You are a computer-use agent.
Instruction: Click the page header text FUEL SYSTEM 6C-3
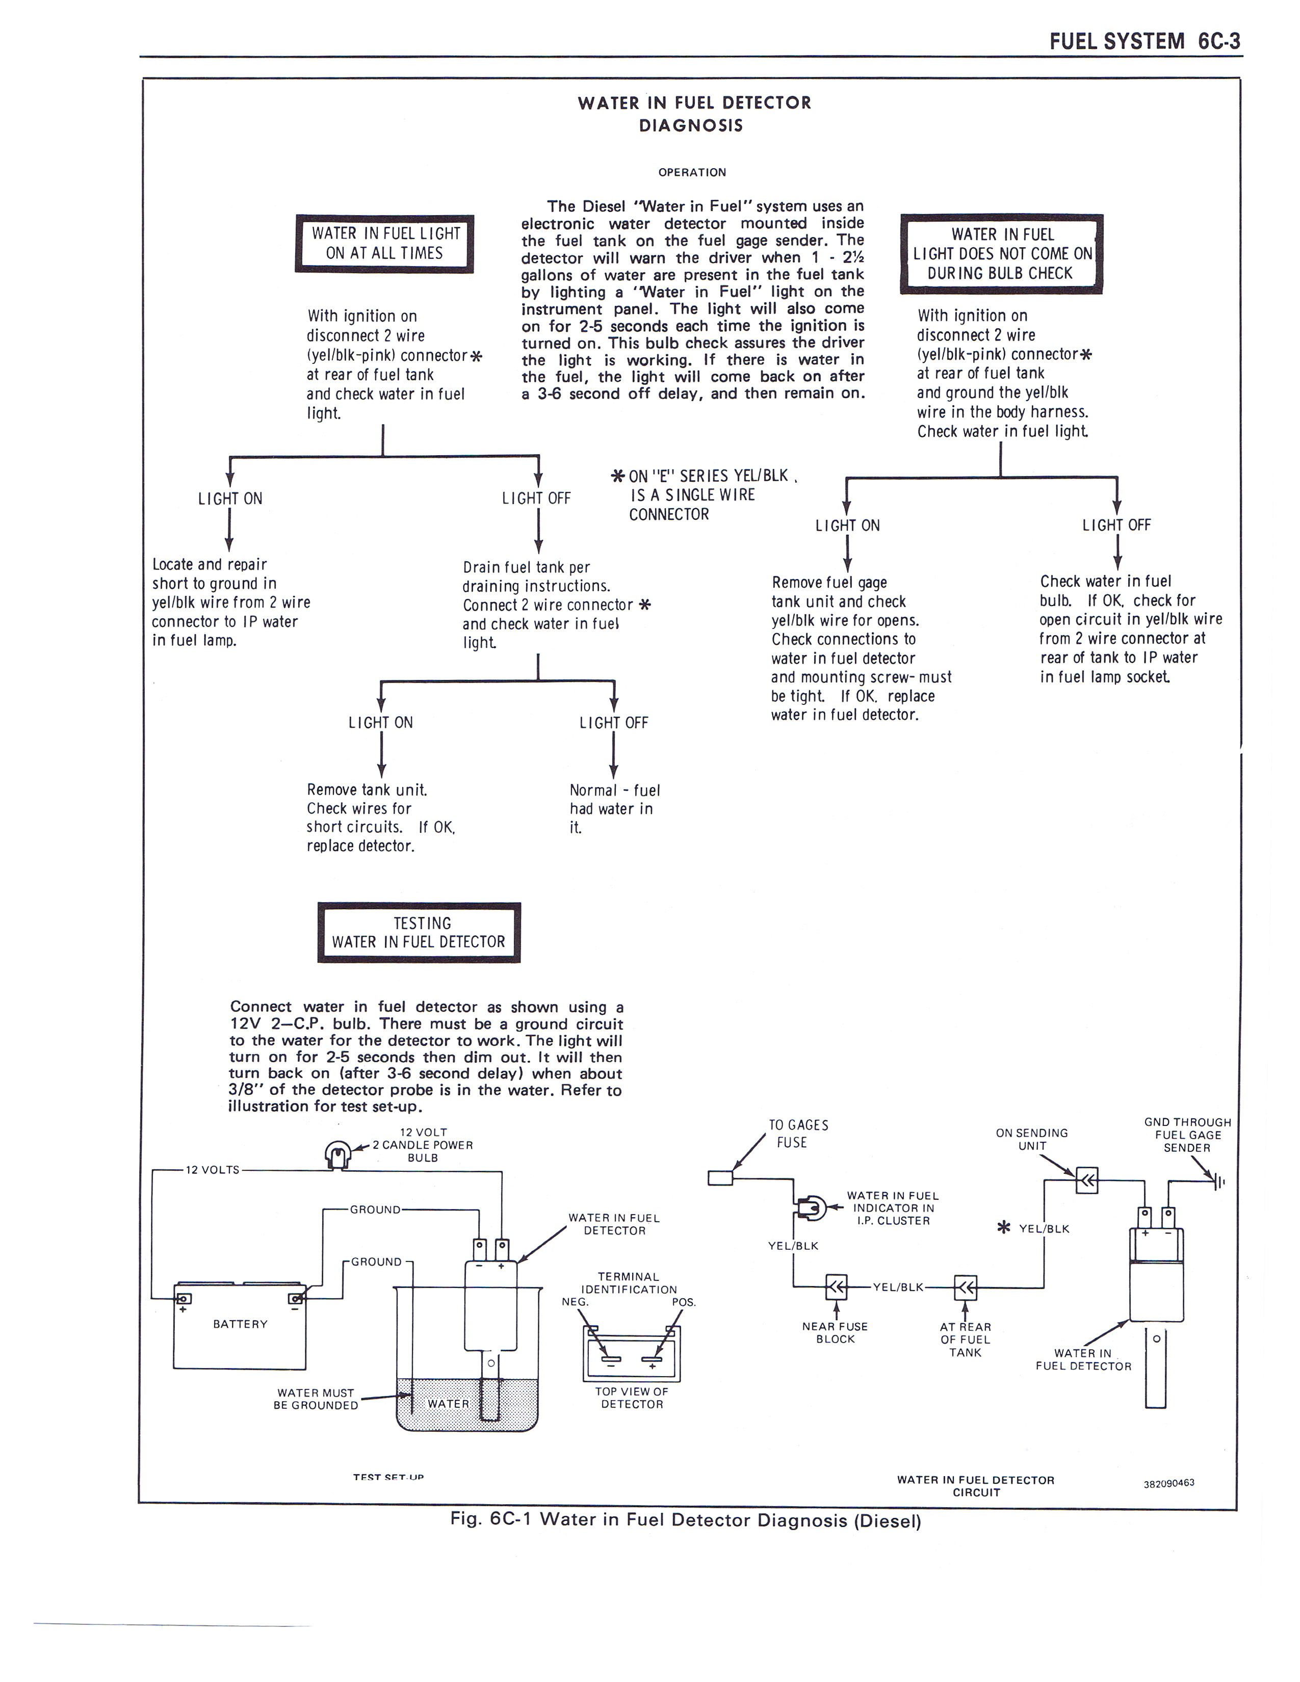[x=1145, y=41]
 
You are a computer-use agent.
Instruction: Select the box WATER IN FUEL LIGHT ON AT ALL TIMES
[x=384, y=243]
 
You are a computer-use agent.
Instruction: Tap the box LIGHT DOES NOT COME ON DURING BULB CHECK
[x=1001, y=254]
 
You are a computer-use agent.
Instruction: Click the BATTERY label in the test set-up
[x=240, y=1324]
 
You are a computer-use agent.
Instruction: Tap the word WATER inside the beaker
[x=448, y=1403]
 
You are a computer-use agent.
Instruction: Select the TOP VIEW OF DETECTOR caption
[x=632, y=1398]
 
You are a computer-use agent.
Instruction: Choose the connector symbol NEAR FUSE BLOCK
[x=836, y=1286]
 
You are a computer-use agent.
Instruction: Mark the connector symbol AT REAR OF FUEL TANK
[x=965, y=1286]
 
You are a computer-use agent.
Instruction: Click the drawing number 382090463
[x=1168, y=1483]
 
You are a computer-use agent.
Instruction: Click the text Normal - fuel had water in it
[x=614, y=809]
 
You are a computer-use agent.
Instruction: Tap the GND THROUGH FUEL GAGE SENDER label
[x=1187, y=1135]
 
